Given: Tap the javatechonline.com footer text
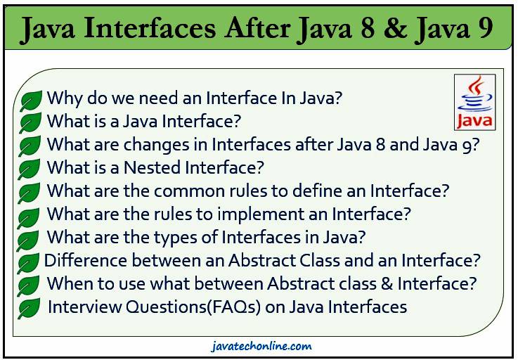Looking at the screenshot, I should (261, 346).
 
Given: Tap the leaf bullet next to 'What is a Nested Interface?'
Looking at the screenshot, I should (30, 169).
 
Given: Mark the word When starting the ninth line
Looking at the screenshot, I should (67, 283).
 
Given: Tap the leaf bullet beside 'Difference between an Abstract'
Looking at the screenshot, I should (28, 263).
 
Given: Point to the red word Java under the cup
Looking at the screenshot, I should (474, 120).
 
